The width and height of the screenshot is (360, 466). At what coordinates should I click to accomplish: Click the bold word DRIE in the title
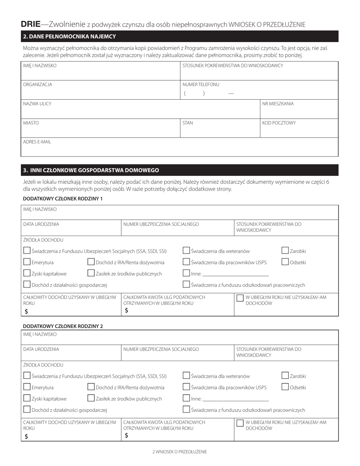30,25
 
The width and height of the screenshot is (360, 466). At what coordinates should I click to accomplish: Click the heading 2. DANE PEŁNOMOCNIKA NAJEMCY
69,37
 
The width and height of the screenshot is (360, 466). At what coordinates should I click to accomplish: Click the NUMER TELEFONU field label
200,84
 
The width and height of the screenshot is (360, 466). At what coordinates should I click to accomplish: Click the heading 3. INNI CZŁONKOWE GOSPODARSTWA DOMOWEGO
91,170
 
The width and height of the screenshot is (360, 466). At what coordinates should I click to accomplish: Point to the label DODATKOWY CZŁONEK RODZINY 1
63,199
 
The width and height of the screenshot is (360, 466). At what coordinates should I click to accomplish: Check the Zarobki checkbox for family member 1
285,250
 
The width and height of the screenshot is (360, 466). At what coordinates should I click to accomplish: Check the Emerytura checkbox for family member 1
27,262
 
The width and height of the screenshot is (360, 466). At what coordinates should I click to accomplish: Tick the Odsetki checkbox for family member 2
285,387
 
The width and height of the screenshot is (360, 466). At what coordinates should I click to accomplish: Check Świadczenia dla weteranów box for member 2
186,375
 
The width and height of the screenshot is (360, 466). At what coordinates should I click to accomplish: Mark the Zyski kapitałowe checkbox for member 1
27,273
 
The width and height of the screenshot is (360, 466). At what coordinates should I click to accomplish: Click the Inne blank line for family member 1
235,274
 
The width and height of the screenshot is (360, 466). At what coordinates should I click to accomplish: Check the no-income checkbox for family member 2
240,423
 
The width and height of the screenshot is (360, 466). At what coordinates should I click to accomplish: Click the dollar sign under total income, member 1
26,311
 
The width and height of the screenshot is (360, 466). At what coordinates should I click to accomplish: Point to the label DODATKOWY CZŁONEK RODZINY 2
63,326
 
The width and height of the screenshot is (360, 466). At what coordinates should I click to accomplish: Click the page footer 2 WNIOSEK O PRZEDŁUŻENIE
180,452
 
